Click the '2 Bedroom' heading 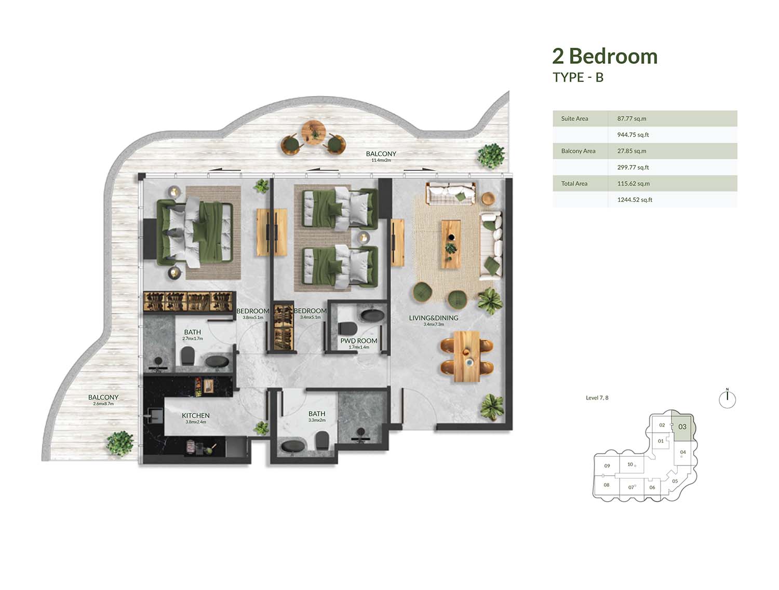click(605, 57)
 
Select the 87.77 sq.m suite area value click(632, 118)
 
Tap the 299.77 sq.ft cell click(633, 168)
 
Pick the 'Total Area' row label click(574, 183)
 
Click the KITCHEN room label click(196, 415)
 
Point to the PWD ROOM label click(358, 341)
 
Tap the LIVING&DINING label click(433, 318)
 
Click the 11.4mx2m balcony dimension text click(381, 160)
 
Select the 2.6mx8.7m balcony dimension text click(103, 404)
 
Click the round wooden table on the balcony click(314, 133)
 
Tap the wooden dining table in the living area click(467, 356)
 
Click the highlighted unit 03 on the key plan click(682, 427)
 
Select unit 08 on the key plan click(607, 485)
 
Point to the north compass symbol click(727, 399)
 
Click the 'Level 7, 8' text click(597, 398)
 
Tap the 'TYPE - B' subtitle click(578, 77)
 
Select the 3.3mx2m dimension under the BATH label click(317, 420)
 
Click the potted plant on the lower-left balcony click(120, 443)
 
